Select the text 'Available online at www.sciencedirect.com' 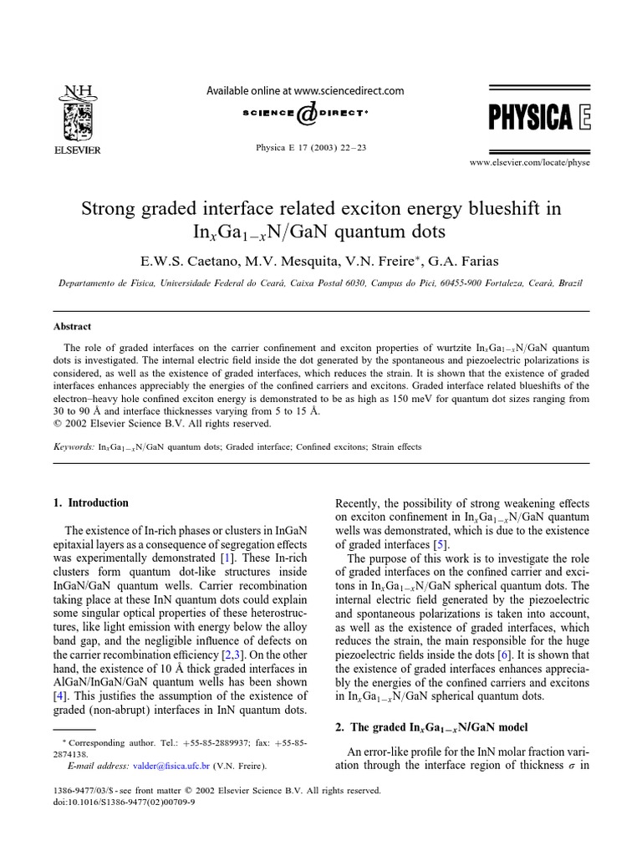click(x=305, y=90)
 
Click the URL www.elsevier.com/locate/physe click(x=531, y=163)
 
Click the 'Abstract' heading click(x=73, y=327)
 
